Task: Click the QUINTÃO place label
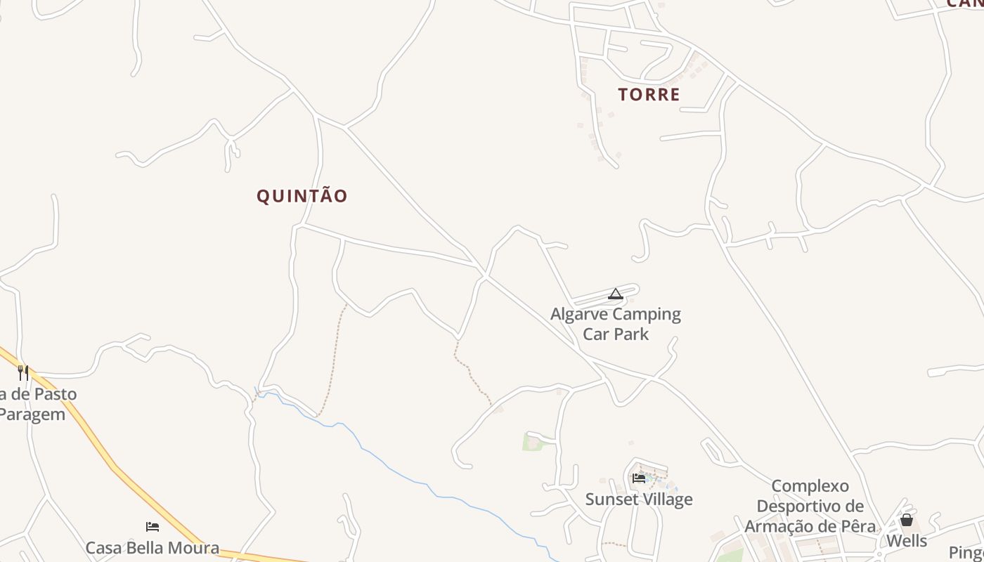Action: pyautogui.click(x=302, y=196)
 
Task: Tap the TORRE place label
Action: pyautogui.click(x=649, y=95)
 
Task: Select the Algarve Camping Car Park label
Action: pyautogui.click(x=616, y=323)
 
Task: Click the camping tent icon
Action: pyautogui.click(x=616, y=294)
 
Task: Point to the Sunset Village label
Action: pyautogui.click(x=639, y=499)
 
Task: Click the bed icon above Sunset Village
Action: pyautogui.click(x=639, y=478)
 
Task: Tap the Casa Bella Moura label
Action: pyautogui.click(x=153, y=547)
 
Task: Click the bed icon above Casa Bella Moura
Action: pyautogui.click(x=153, y=526)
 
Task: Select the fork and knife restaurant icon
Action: pyautogui.click(x=23, y=372)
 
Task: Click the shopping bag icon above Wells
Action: pyautogui.click(x=907, y=520)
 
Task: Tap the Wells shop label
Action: pyautogui.click(x=907, y=541)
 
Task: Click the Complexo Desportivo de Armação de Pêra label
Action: pyautogui.click(x=810, y=506)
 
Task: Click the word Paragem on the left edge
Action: pyautogui.click(x=32, y=414)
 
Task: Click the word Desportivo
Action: pyautogui.click(x=810, y=506)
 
